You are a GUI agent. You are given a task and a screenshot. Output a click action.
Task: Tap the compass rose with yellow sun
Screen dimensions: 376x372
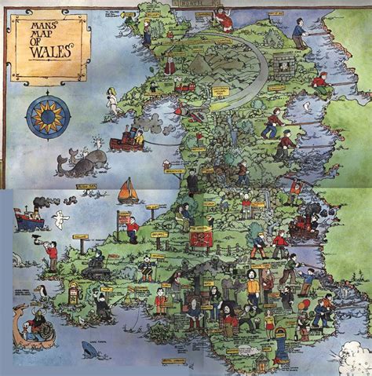pos(48,115)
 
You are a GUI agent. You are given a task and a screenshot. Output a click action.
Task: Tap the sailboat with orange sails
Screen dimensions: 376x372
pos(128,191)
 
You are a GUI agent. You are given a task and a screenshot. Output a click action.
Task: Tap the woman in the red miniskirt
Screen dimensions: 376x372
pos(271,321)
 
